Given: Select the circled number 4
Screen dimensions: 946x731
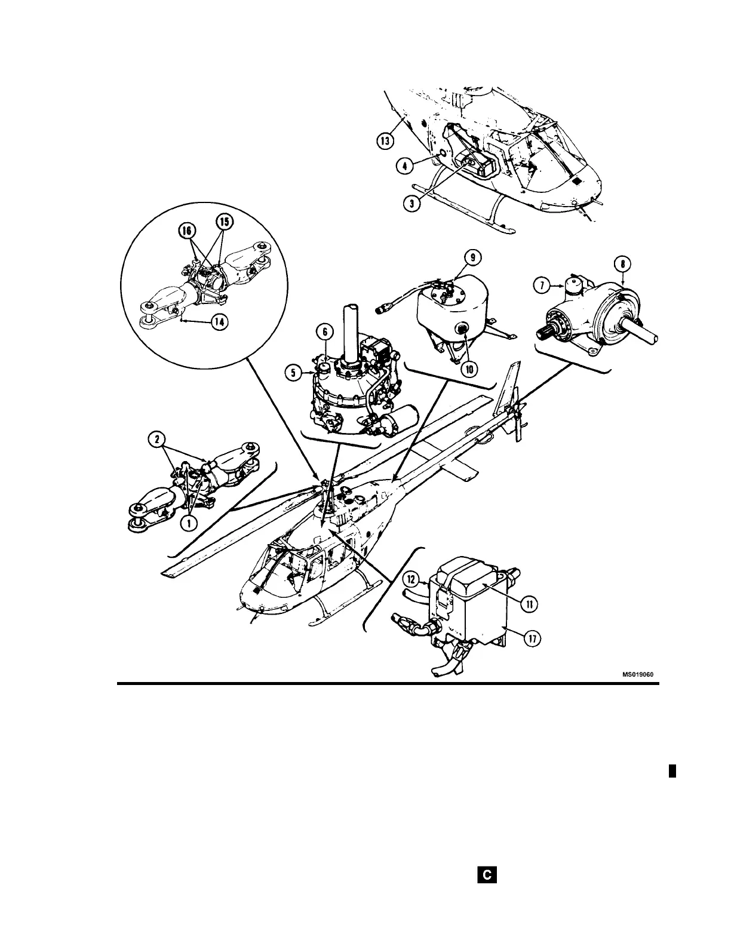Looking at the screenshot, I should (x=404, y=165).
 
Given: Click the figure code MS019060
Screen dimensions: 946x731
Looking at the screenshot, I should (x=638, y=674).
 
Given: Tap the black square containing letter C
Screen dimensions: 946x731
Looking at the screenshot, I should (x=487, y=876).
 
